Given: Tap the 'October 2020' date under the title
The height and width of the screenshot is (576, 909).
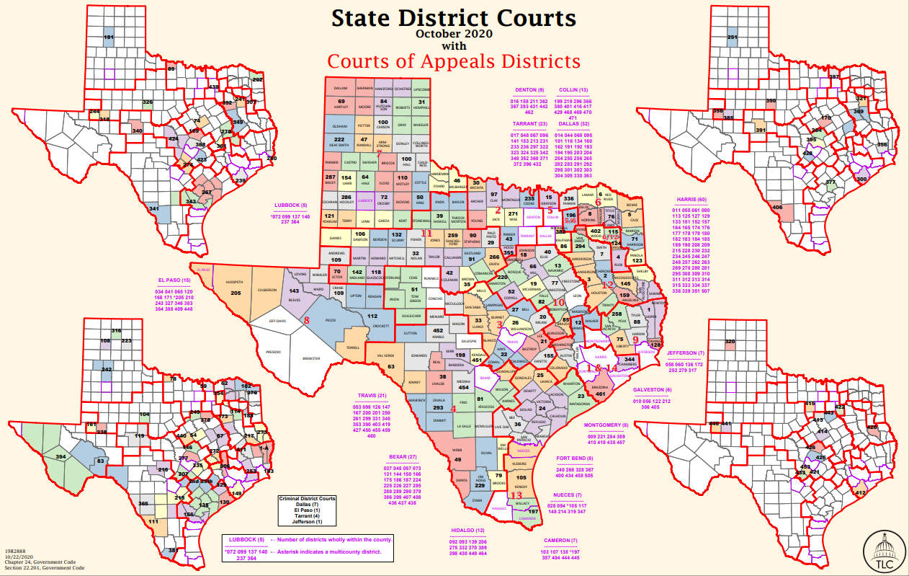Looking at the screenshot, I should coord(454,33).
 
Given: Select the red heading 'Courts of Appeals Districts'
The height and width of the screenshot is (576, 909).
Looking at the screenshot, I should coord(454,61).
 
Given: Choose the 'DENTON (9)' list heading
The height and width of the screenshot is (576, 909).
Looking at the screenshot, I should coord(532,90).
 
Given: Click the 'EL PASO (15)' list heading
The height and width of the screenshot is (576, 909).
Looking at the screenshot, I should coord(174,280).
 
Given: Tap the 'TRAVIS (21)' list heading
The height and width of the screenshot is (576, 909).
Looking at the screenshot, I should coord(372,396).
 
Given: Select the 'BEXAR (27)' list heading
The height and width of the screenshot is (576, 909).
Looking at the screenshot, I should coord(403,457).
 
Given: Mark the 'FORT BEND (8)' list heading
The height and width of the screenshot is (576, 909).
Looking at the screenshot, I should coord(575,458).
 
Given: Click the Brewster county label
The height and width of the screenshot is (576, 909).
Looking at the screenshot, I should coord(311,358).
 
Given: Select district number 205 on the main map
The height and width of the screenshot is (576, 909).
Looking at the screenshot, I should coord(236,293).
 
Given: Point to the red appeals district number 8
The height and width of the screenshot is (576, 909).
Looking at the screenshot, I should coord(306,321).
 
